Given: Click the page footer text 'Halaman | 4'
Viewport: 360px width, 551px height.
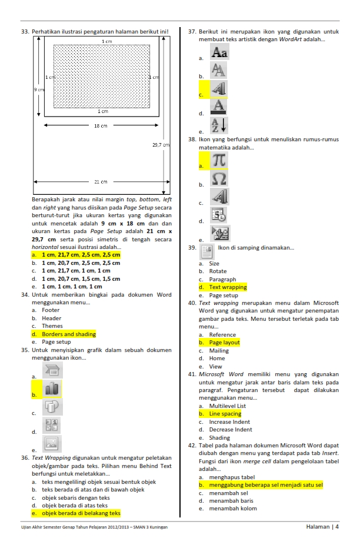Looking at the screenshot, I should click(322, 527).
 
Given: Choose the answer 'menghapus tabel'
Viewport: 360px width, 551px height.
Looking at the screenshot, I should click(232, 477).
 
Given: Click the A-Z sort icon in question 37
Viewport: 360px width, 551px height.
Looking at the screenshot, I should click(219, 125).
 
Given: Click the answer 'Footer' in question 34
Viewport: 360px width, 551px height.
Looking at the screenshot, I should click(51, 310).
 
